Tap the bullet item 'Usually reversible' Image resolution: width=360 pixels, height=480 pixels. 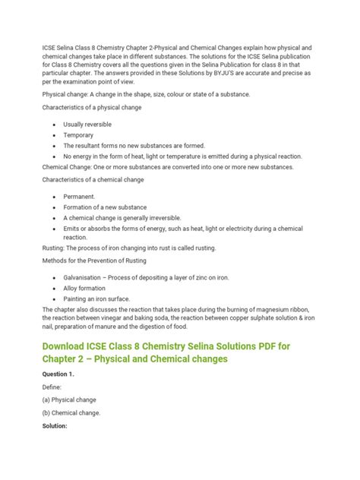tap(93, 123)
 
